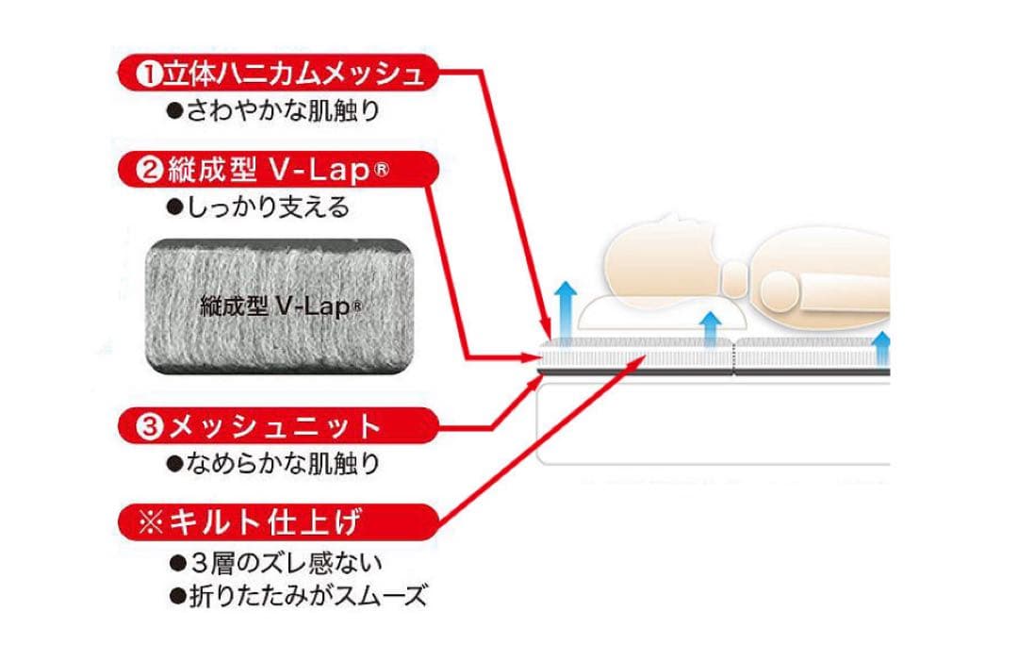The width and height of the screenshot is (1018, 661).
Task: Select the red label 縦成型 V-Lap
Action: click(279, 171)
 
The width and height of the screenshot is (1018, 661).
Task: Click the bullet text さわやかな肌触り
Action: click(273, 110)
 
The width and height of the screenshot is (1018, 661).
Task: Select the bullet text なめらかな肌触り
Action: click(273, 463)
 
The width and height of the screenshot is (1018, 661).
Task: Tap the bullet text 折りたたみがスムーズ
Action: click(298, 596)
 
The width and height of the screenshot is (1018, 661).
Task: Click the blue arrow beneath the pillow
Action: click(712, 329)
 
